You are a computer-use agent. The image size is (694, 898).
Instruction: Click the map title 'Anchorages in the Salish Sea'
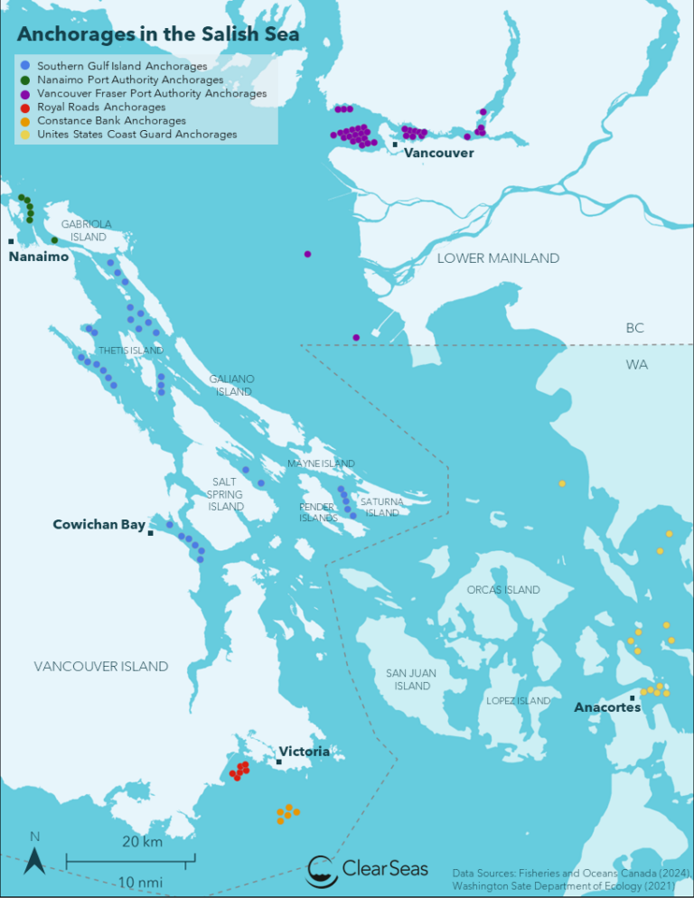point(158,34)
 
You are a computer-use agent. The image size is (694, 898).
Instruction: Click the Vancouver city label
point(438,154)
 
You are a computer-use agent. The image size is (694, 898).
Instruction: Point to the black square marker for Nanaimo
point(11,241)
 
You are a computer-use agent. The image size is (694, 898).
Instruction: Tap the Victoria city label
point(305,751)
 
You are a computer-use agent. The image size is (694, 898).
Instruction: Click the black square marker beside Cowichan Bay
point(151,534)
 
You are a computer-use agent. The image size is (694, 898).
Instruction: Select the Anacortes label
point(607,707)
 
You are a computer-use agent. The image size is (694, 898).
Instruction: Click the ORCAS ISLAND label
point(503,590)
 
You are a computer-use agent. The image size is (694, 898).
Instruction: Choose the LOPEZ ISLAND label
point(518,701)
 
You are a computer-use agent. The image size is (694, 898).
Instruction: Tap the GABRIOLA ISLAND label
point(87,230)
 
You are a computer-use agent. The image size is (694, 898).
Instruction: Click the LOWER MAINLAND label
point(498,258)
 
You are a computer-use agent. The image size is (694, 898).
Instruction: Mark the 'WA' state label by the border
point(635,365)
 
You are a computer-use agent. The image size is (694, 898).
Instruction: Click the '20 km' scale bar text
point(142,842)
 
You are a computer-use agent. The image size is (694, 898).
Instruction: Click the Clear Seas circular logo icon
point(323,871)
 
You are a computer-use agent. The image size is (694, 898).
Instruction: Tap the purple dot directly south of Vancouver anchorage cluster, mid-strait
point(308,254)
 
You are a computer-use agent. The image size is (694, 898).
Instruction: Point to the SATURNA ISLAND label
point(381,507)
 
